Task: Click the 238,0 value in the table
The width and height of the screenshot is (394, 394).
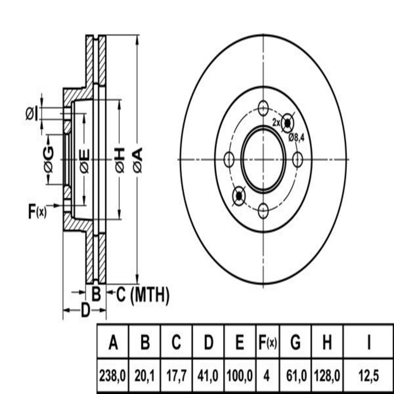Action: tap(112, 376)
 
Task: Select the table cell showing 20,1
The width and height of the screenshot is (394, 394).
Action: tap(145, 376)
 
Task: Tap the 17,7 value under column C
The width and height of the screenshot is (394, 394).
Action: tap(176, 376)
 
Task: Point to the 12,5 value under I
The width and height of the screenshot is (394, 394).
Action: tap(369, 376)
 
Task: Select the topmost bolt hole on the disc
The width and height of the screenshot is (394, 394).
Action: tap(263, 108)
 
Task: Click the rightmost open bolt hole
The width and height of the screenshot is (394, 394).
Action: tap(297, 159)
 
